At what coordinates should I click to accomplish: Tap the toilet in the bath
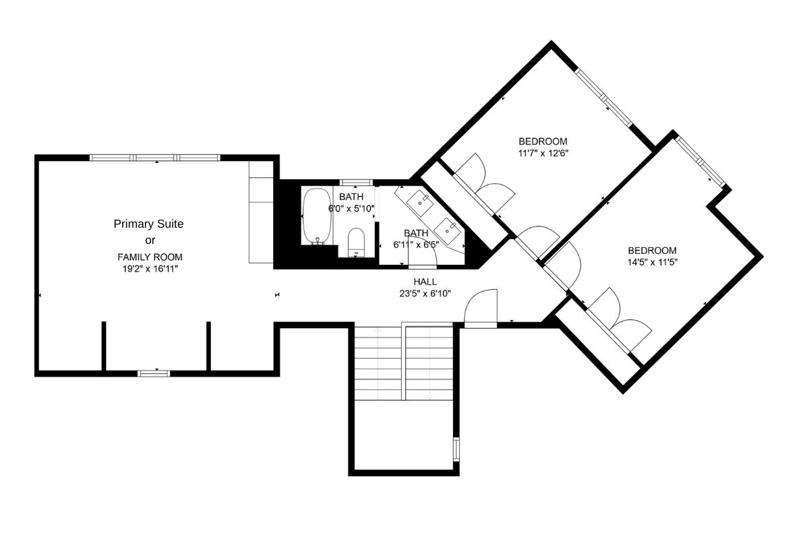click(356, 243)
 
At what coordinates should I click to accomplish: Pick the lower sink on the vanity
click(448, 228)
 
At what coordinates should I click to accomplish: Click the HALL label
click(425, 282)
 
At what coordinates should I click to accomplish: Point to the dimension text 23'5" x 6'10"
click(425, 293)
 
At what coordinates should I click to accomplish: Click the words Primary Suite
click(148, 224)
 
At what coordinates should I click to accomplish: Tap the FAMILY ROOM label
click(150, 257)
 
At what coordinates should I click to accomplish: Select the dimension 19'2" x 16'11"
click(150, 268)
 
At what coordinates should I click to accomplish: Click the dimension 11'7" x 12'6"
click(543, 153)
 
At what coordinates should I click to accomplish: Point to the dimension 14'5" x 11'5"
click(652, 262)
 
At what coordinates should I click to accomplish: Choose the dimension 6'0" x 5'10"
click(351, 208)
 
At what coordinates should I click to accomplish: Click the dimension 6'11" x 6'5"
click(416, 244)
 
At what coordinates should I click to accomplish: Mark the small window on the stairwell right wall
click(456, 449)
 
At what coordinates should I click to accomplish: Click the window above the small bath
click(356, 183)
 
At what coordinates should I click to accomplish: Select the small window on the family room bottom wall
click(154, 373)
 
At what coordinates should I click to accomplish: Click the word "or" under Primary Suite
click(150, 241)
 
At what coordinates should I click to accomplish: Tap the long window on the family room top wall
click(155, 158)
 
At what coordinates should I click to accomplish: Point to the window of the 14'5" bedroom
click(701, 162)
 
